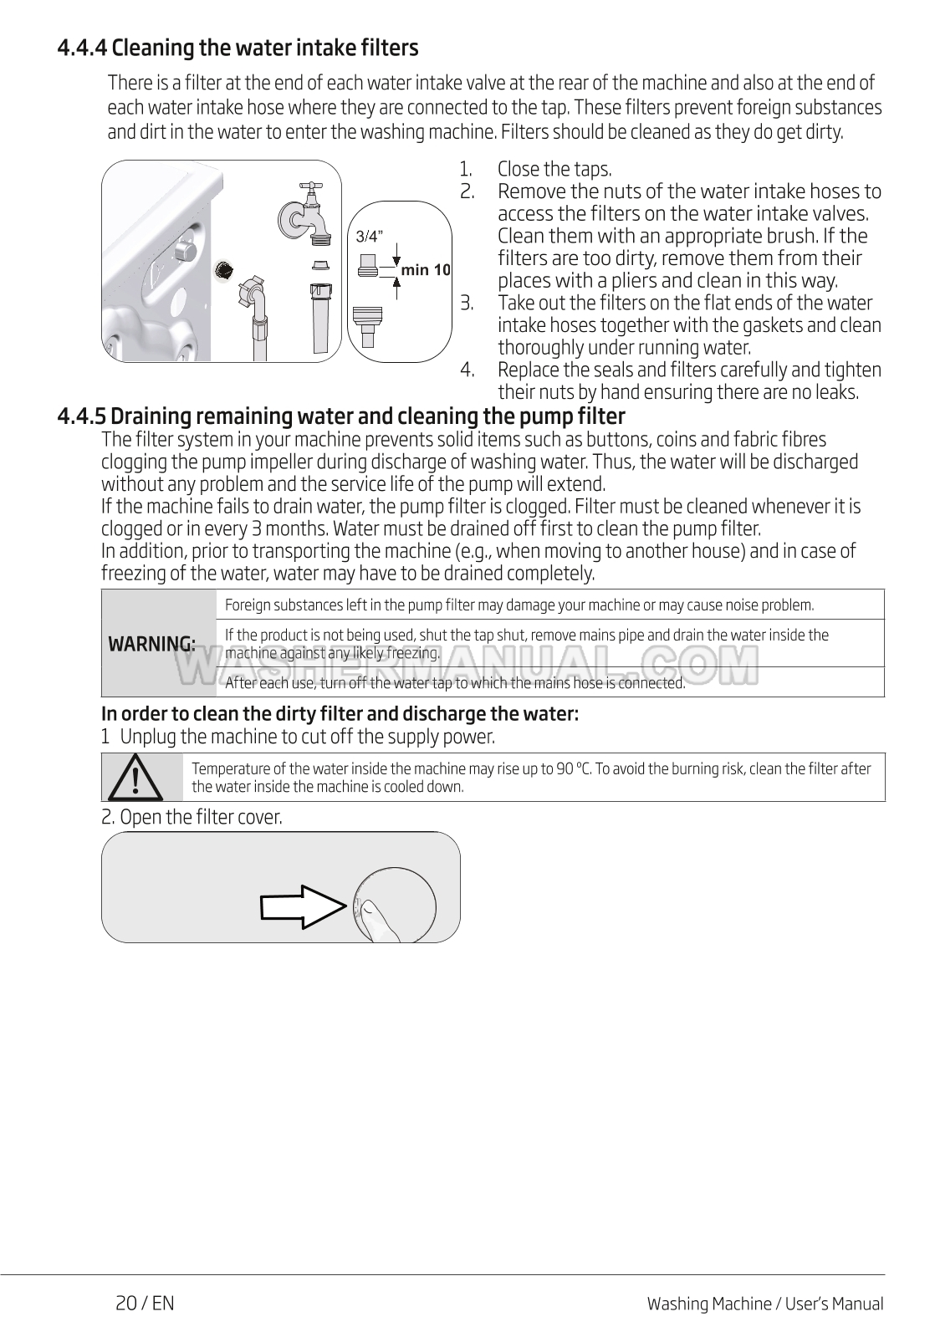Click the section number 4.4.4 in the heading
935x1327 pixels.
click(82, 48)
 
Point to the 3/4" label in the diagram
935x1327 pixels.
click(369, 237)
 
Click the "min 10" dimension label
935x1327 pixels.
click(426, 269)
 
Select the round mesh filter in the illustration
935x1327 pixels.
click(224, 269)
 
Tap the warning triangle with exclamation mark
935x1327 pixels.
click(141, 778)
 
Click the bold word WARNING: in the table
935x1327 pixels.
click(151, 644)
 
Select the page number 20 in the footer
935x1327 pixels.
click(126, 1303)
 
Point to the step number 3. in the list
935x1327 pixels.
click(467, 303)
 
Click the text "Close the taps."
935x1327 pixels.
click(554, 170)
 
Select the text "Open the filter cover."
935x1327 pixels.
click(201, 817)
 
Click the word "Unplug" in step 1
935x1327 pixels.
click(148, 737)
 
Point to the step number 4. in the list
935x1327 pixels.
click(467, 370)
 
